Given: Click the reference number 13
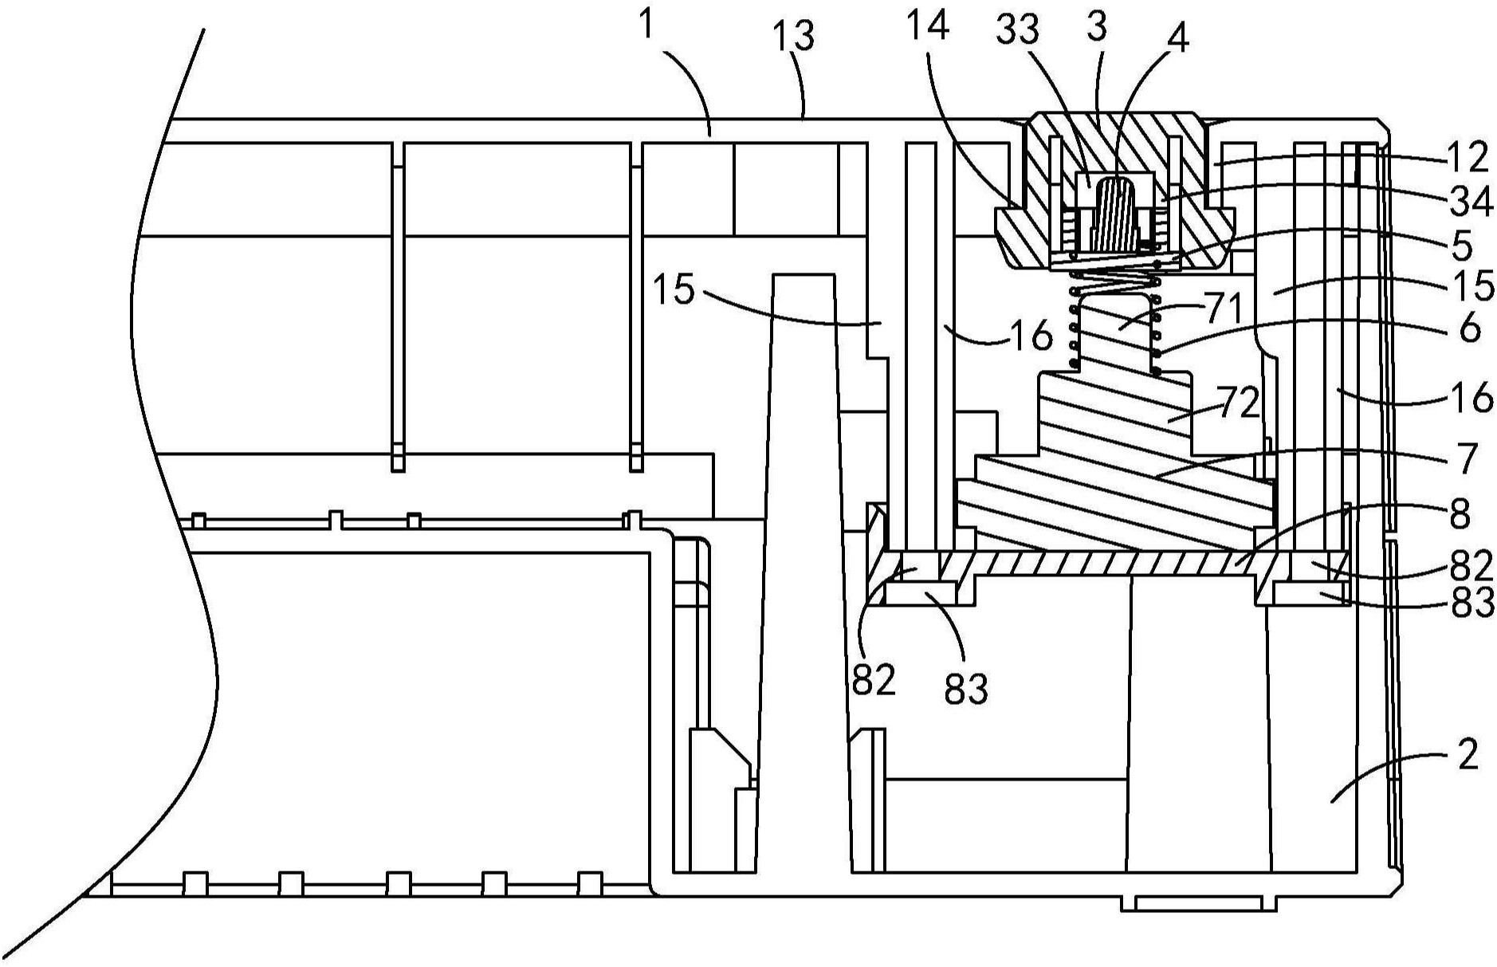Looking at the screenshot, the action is tap(794, 37).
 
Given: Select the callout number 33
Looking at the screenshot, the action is tap(1018, 29).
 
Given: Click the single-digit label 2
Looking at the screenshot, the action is tap(1468, 754).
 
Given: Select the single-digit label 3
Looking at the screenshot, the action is tap(1097, 26).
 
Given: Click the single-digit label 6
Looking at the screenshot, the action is tap(1469, 327).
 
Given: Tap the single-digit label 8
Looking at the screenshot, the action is tap(1460, 515).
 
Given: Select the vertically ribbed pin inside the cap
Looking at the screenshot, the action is tap(1115, 213).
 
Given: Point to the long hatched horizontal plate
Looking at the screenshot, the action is tap(1109, 564).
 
